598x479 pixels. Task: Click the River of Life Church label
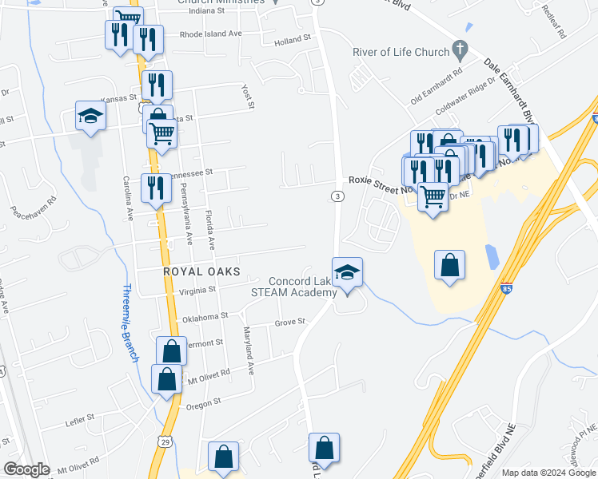click(401, 53)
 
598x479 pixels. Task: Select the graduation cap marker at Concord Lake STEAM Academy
click(348, 272)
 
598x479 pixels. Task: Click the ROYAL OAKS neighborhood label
click(201, 271)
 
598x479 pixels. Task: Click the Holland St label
click(292, 40)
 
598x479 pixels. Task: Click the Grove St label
click(290, 323)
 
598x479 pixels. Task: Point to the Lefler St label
click(79, 417)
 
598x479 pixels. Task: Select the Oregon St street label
click(204, 406)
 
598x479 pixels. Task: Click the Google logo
click(26, 469)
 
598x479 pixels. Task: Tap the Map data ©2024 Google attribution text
click(548, 473)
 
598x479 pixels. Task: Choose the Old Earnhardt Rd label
click(437, 87)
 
